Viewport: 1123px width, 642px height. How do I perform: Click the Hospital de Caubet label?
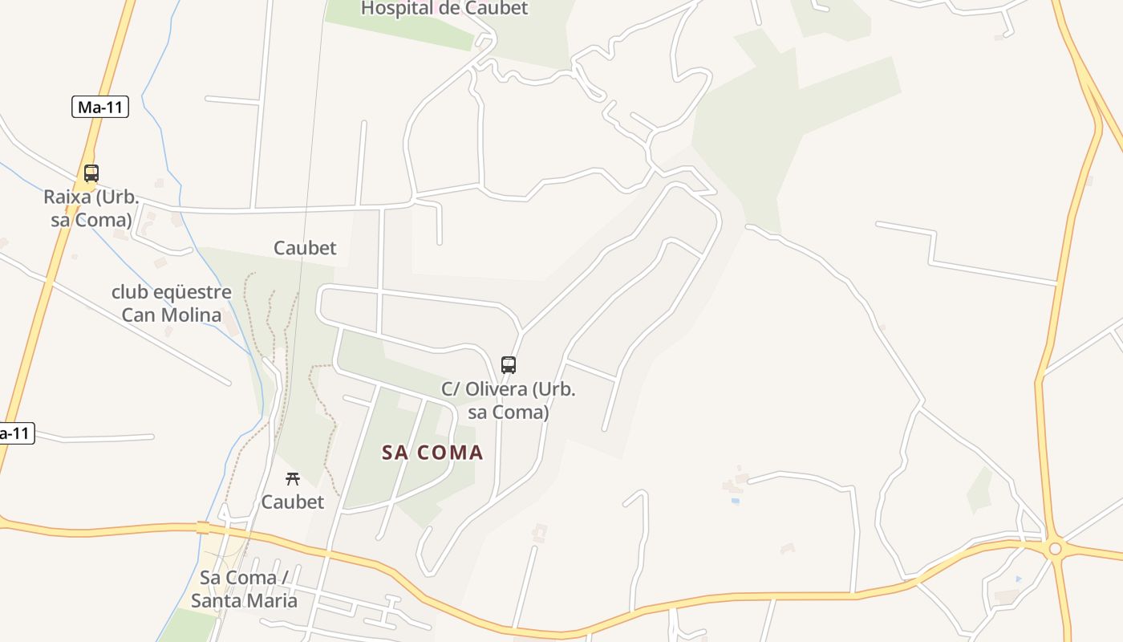444,9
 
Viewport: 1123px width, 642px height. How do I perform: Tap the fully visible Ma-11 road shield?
100,107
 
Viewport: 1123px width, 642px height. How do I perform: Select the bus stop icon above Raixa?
91,173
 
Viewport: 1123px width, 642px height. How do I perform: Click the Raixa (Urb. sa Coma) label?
91,209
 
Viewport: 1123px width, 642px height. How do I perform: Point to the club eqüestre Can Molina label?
172,303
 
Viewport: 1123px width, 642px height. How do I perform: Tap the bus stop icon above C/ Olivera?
508,365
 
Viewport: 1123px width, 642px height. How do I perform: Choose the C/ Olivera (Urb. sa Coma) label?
509,400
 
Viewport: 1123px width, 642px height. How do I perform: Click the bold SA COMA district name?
432,453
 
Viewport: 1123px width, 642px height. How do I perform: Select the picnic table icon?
293,479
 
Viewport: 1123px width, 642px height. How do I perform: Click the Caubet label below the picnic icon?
293,502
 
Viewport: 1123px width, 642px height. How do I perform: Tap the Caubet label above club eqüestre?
305,248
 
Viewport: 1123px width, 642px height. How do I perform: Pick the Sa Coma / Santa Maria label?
244,589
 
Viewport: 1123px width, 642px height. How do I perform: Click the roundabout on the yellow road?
1055,549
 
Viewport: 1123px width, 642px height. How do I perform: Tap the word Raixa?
67,197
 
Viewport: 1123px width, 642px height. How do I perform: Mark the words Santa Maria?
244,600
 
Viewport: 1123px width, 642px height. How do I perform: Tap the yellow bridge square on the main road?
203,527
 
